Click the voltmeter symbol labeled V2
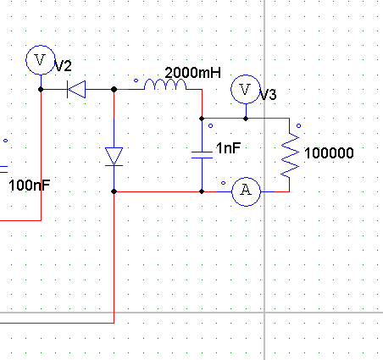[x=41, y=60]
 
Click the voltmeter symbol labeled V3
[x=246, y=90]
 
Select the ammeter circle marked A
[x=246, y=191]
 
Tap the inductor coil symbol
[x=165, y=85]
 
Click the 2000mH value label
[x=192, y=73]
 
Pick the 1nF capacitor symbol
[x=202, y=155]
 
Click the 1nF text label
[x=228, y=148]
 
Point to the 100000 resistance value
[x=329, y=153]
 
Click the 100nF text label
[x=30, y=186]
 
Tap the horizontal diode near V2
[x=76, y=89]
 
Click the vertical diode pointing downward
[x=114, y=157]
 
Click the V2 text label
[x=63, y=66]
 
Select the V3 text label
[x=268, y=95]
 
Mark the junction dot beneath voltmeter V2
[x=41, y=89]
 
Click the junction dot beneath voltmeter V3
[x=246, y=119]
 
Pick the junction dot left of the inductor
[x=114, y=89]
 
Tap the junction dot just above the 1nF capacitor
[x=202, y=119]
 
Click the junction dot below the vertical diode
[x=114, y=191]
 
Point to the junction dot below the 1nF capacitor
[x=202, y=191]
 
